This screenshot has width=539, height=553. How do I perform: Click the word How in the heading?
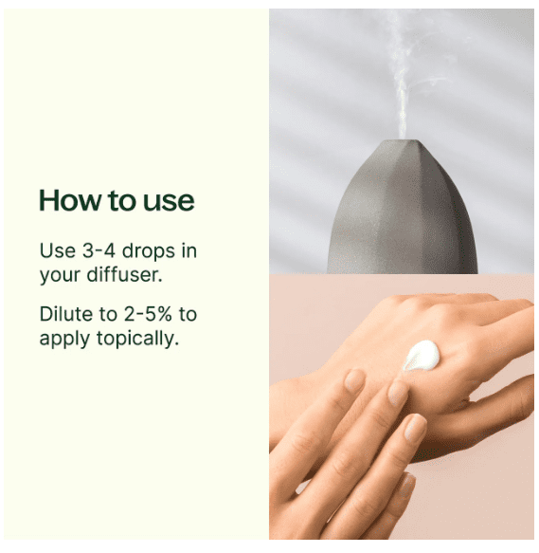tap(70, 200)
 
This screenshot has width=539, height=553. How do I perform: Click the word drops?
tap(149, 252)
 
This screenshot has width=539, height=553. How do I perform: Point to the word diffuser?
tap(125, 274)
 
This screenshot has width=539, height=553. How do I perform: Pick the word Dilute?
tap(66, 314)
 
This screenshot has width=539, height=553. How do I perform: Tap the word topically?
tap(137, 339)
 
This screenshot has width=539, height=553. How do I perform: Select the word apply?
tap(64, 340)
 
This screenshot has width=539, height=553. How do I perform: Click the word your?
tap(60, 275)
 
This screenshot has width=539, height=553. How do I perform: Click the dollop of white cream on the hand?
tap(422, 356)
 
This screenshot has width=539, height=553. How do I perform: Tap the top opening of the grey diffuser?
tap(402, 141)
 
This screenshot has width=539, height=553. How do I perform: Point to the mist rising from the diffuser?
tap(402, 78)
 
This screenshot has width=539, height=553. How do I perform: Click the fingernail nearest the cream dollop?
tap(397, 392)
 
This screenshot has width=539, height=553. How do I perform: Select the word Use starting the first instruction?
tap(58, 251)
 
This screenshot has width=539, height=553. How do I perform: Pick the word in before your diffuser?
tap(189, 251)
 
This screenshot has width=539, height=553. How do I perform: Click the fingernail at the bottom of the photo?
tap(407, 486)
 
